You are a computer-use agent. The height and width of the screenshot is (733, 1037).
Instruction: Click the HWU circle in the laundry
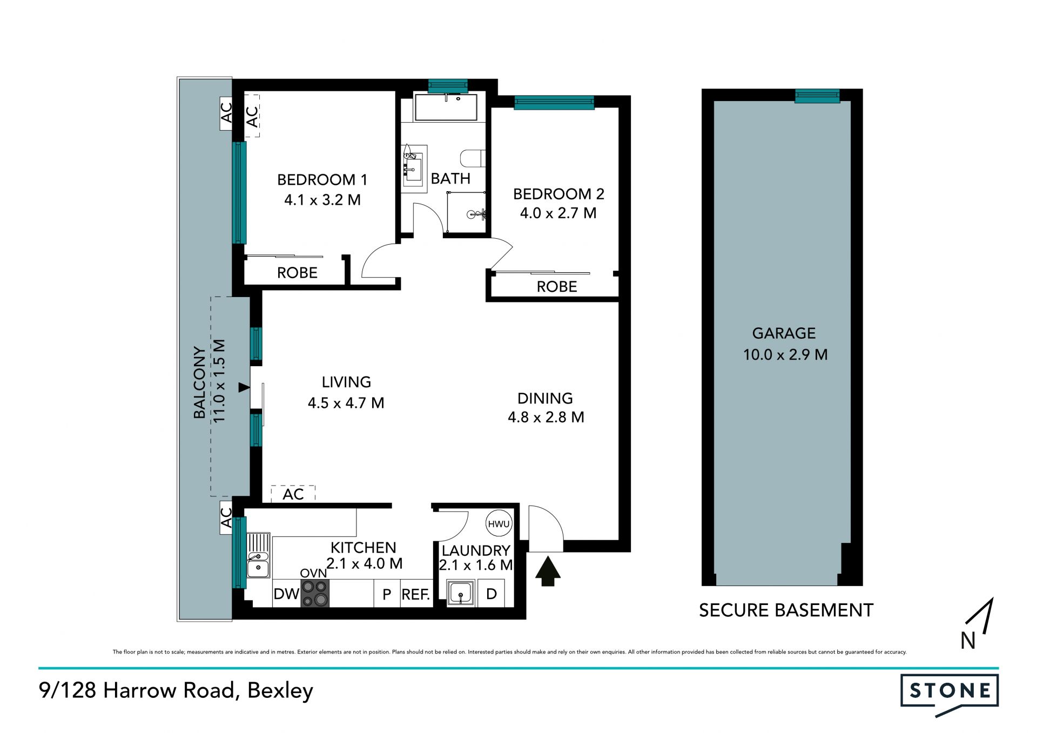point(499,523)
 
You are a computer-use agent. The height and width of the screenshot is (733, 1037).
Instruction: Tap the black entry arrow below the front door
point(548,571)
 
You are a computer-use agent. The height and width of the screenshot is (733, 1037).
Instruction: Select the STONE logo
point(950,695)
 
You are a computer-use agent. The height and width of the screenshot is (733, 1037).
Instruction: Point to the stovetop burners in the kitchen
point(315,593)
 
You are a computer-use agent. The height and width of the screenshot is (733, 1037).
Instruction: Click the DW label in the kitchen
point(286,594)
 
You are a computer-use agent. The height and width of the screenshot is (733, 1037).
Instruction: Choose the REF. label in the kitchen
point(416,595)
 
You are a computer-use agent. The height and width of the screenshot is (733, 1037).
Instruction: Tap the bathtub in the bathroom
point(446,107)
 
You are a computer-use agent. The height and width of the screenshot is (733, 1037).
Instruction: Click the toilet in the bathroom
point(473,158)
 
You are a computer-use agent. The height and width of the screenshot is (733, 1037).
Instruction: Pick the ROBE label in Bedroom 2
point(557,287)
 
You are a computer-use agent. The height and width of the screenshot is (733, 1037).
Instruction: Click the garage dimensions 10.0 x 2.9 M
point(785,355)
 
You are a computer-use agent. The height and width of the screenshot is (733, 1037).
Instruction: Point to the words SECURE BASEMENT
point(786,610)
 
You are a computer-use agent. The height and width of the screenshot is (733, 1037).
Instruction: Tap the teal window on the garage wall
point(817,96)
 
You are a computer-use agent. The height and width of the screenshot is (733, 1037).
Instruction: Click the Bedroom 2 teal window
point(554,103)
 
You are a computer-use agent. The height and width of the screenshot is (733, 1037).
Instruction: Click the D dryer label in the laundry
point(491,594)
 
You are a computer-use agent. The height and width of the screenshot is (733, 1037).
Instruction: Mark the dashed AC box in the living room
point(293,494)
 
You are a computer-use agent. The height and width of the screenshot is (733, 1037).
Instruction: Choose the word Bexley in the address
point(280,691)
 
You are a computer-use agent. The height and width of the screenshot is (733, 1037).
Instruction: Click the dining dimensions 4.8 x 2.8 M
point(546,418)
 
